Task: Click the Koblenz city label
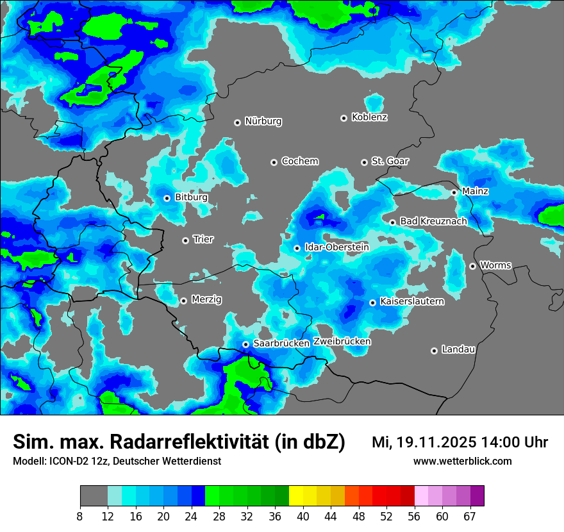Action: coord(369,117)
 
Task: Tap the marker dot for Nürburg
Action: coord(237,122)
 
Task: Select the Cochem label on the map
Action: coord(299,162)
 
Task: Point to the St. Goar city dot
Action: coord(364,162)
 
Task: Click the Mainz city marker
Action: coord(454,192)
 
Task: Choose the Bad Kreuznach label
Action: coord(433,222)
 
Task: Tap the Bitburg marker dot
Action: coord(167,198)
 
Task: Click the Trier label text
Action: coord(203,240)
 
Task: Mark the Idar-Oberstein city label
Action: coord(336,247)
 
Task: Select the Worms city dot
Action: coord(472,266)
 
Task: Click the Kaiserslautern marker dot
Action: coord(372,303)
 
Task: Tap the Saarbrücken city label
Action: coord(281,344)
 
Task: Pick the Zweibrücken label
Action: coord(342,342)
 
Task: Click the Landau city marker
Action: coord(434,351)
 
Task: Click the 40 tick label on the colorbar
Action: coord(303,516)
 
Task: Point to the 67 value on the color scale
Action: coord(470,516)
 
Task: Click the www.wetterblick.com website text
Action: coord(462,461)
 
